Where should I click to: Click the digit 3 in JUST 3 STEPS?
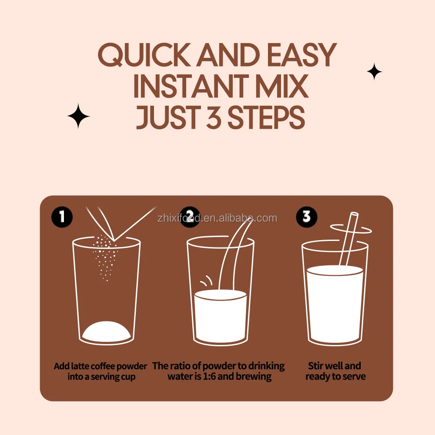pyautogui.click(x=214, y=117)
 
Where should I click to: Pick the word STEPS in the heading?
pyautogui.click(x=266, y=117)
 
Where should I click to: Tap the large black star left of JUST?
pyautogui.click(x=78, y=116)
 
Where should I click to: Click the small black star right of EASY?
pyautogui.click(x=374, y=71)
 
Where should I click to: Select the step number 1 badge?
pyautogui.click(x=62, y=217)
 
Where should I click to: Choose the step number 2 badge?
pyautogui.click(x=190, y=217)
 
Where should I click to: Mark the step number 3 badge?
pyautogui.click(x=307, y=217)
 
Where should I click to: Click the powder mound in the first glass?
pyautogui.click(x=107, y=331)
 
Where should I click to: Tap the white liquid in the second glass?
pyautogui.click(x=221, y=316)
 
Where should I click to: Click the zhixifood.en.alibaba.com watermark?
pyautogui.click(x=217, y=218)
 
